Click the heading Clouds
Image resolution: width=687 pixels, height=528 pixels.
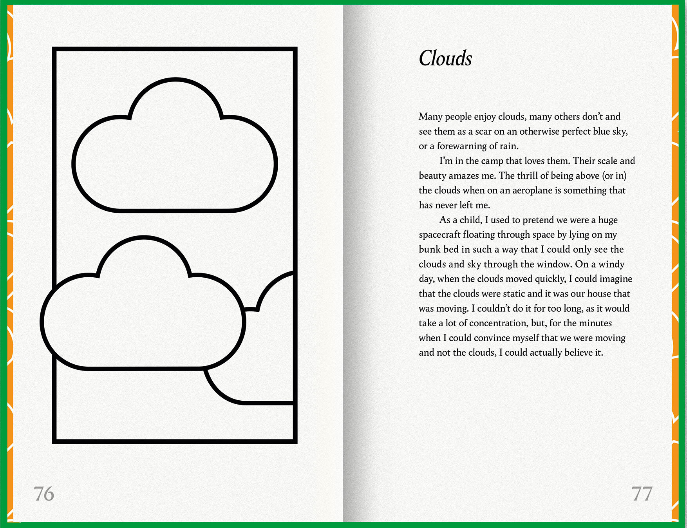pos(445,58)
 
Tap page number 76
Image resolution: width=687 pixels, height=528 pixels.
pos(44,494)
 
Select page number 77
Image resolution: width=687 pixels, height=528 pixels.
pos(642,494)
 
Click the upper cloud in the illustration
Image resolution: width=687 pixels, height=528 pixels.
pos(175,157)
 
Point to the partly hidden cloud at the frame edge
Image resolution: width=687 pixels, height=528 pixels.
pos(270,353)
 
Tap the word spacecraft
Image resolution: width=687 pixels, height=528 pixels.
pos(439,235)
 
